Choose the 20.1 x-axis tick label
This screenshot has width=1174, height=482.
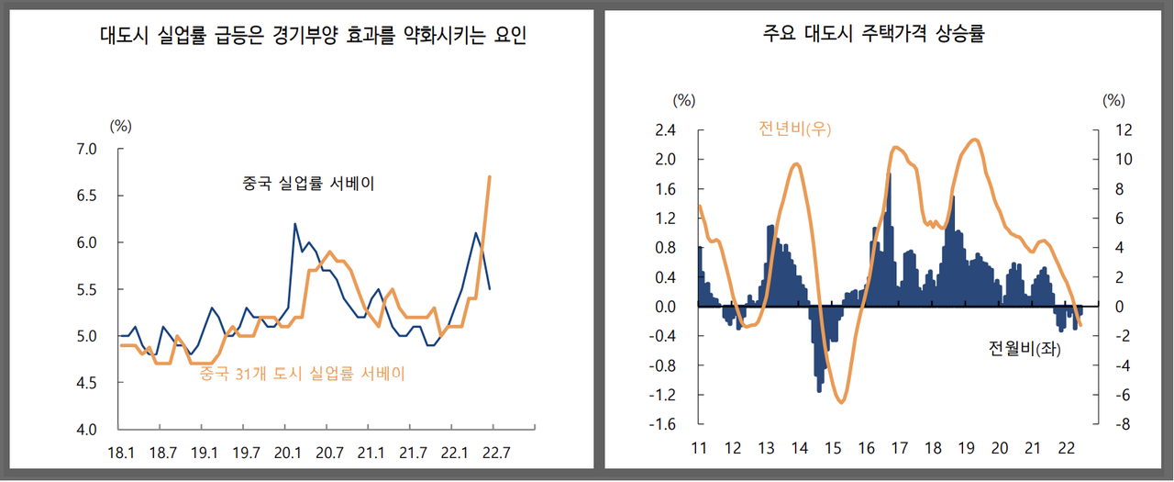coord(287,452)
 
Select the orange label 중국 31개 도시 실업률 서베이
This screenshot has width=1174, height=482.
coord(302,374)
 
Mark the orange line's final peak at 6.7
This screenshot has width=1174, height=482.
coord(491,176)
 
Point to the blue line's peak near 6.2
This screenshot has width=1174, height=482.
coord(294,224)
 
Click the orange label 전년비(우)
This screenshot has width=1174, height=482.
coord(794,129)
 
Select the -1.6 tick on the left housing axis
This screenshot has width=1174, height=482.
coord(662,424)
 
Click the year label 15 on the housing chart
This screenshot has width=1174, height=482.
coord(833,448)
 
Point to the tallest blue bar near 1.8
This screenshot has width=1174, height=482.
coord(889,174)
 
